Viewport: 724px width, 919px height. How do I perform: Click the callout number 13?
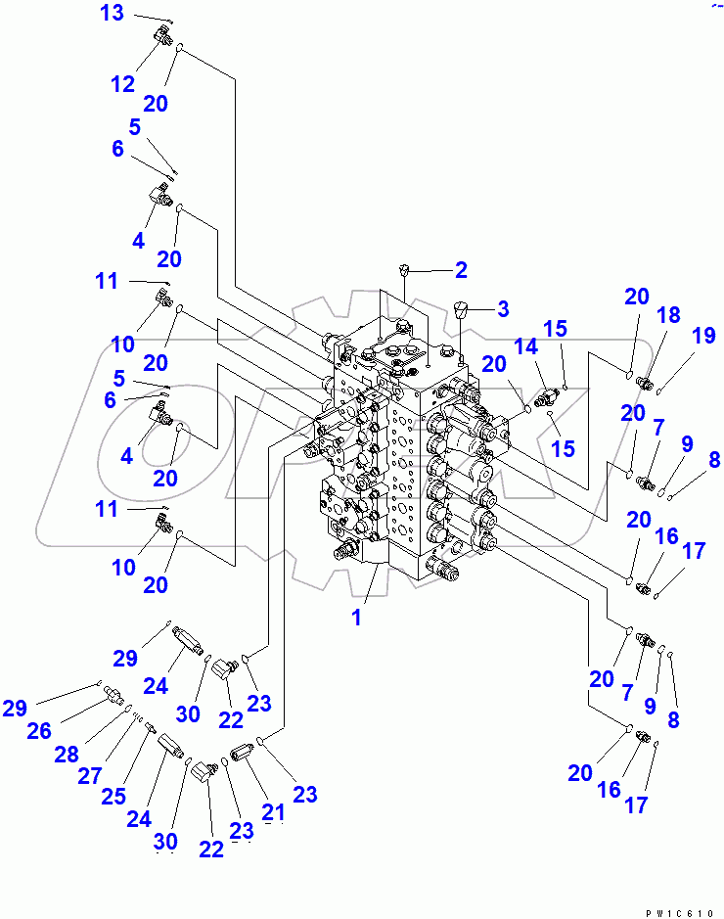(113, 14)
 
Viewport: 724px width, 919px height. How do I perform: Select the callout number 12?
(122, 84)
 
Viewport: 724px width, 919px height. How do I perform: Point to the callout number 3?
(502, 309)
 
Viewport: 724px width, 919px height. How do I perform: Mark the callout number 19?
(703, 337)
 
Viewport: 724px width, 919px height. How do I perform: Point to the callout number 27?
(90, 776)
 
